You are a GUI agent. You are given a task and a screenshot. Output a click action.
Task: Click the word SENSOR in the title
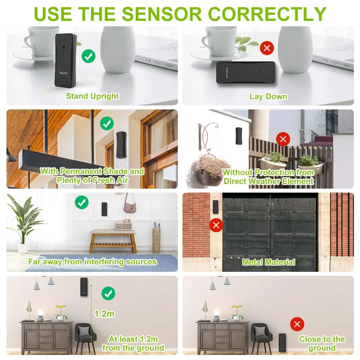coord(162,14)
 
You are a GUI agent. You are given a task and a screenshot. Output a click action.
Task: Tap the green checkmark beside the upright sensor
coord(89,56)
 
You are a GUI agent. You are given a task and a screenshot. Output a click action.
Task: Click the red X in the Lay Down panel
coord(267,48)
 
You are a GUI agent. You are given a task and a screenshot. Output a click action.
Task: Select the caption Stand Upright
coord(92,96)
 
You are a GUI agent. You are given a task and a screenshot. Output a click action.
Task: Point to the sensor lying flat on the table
coord(246,72)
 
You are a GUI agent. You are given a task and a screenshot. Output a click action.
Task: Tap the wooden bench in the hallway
coord(113,240)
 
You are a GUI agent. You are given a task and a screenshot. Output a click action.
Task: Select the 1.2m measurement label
coord(104,314)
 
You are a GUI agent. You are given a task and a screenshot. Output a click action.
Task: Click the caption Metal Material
coord(269,262)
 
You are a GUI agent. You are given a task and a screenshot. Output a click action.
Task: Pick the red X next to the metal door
coord(216,226)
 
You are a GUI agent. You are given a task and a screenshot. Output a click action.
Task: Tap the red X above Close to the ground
coord(297,324)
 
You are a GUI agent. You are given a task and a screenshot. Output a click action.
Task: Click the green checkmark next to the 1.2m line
coord(108,293)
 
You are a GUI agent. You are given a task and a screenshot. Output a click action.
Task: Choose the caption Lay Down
coord(269,96)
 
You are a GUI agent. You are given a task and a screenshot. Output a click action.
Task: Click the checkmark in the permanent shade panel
coord(107,123)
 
